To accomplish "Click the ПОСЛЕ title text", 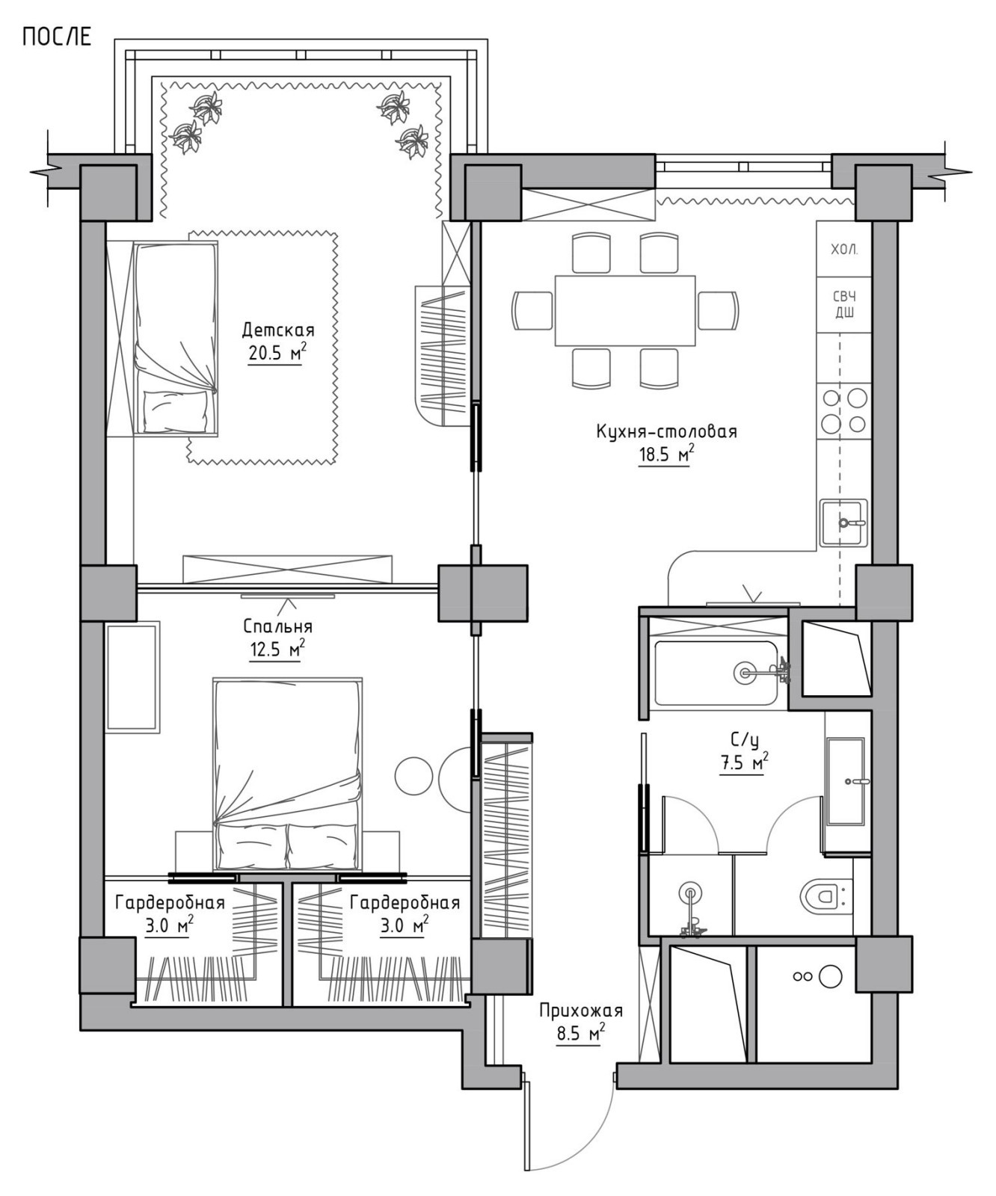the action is (57, 37).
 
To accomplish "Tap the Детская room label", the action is (278, 330).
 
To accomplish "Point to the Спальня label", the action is (278, 626).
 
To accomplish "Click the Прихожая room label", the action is (581, 1011).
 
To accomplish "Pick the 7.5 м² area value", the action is (744, 763).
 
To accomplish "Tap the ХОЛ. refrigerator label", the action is (844, 250).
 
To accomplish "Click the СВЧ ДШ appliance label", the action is (844, 305).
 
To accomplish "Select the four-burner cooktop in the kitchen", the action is (844, 410).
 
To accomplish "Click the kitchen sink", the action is (843, 523).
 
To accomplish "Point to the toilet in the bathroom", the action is (826, 895).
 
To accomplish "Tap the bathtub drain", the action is (744, 673).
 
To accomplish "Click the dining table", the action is (625, 310).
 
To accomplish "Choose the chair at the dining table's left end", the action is (532, 310).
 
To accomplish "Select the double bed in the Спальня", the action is (288, 774).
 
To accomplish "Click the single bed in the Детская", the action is (176, 338).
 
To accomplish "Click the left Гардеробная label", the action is (170, 903).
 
